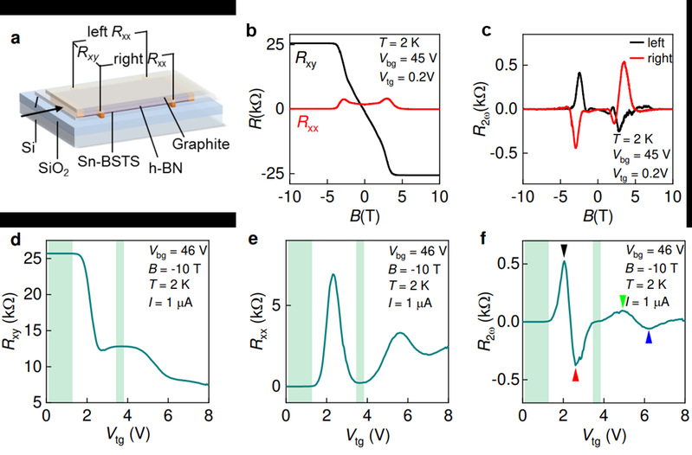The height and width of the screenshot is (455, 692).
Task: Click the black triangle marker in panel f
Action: point(564,251)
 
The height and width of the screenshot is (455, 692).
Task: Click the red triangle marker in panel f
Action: point(575,375)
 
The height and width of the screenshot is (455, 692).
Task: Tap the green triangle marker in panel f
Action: point(623,300)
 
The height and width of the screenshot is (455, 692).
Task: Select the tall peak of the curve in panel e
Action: point(333,275)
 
